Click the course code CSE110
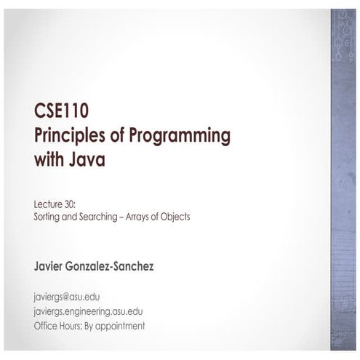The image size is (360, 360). pos(61,111)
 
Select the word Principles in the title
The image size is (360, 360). pos(70,136)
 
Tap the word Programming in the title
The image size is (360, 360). pos(180,136)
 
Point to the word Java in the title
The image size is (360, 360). pos(87,159)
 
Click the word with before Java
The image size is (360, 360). pos(49,159)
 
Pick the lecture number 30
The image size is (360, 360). pos(71,204)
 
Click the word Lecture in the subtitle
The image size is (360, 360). pos(48,204)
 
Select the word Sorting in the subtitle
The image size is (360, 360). pos(47,217)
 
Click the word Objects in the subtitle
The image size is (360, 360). pos(175,217)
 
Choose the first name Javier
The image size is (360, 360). pos(48,266)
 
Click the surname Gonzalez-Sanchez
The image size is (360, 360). pos(110,266)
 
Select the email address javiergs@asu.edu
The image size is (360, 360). pos(67,297)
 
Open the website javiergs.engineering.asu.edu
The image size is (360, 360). pos(88,312)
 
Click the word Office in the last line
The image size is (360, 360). pos(44,326)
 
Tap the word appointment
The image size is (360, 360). pos(120,327)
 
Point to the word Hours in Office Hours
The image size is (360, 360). pos(70,326)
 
